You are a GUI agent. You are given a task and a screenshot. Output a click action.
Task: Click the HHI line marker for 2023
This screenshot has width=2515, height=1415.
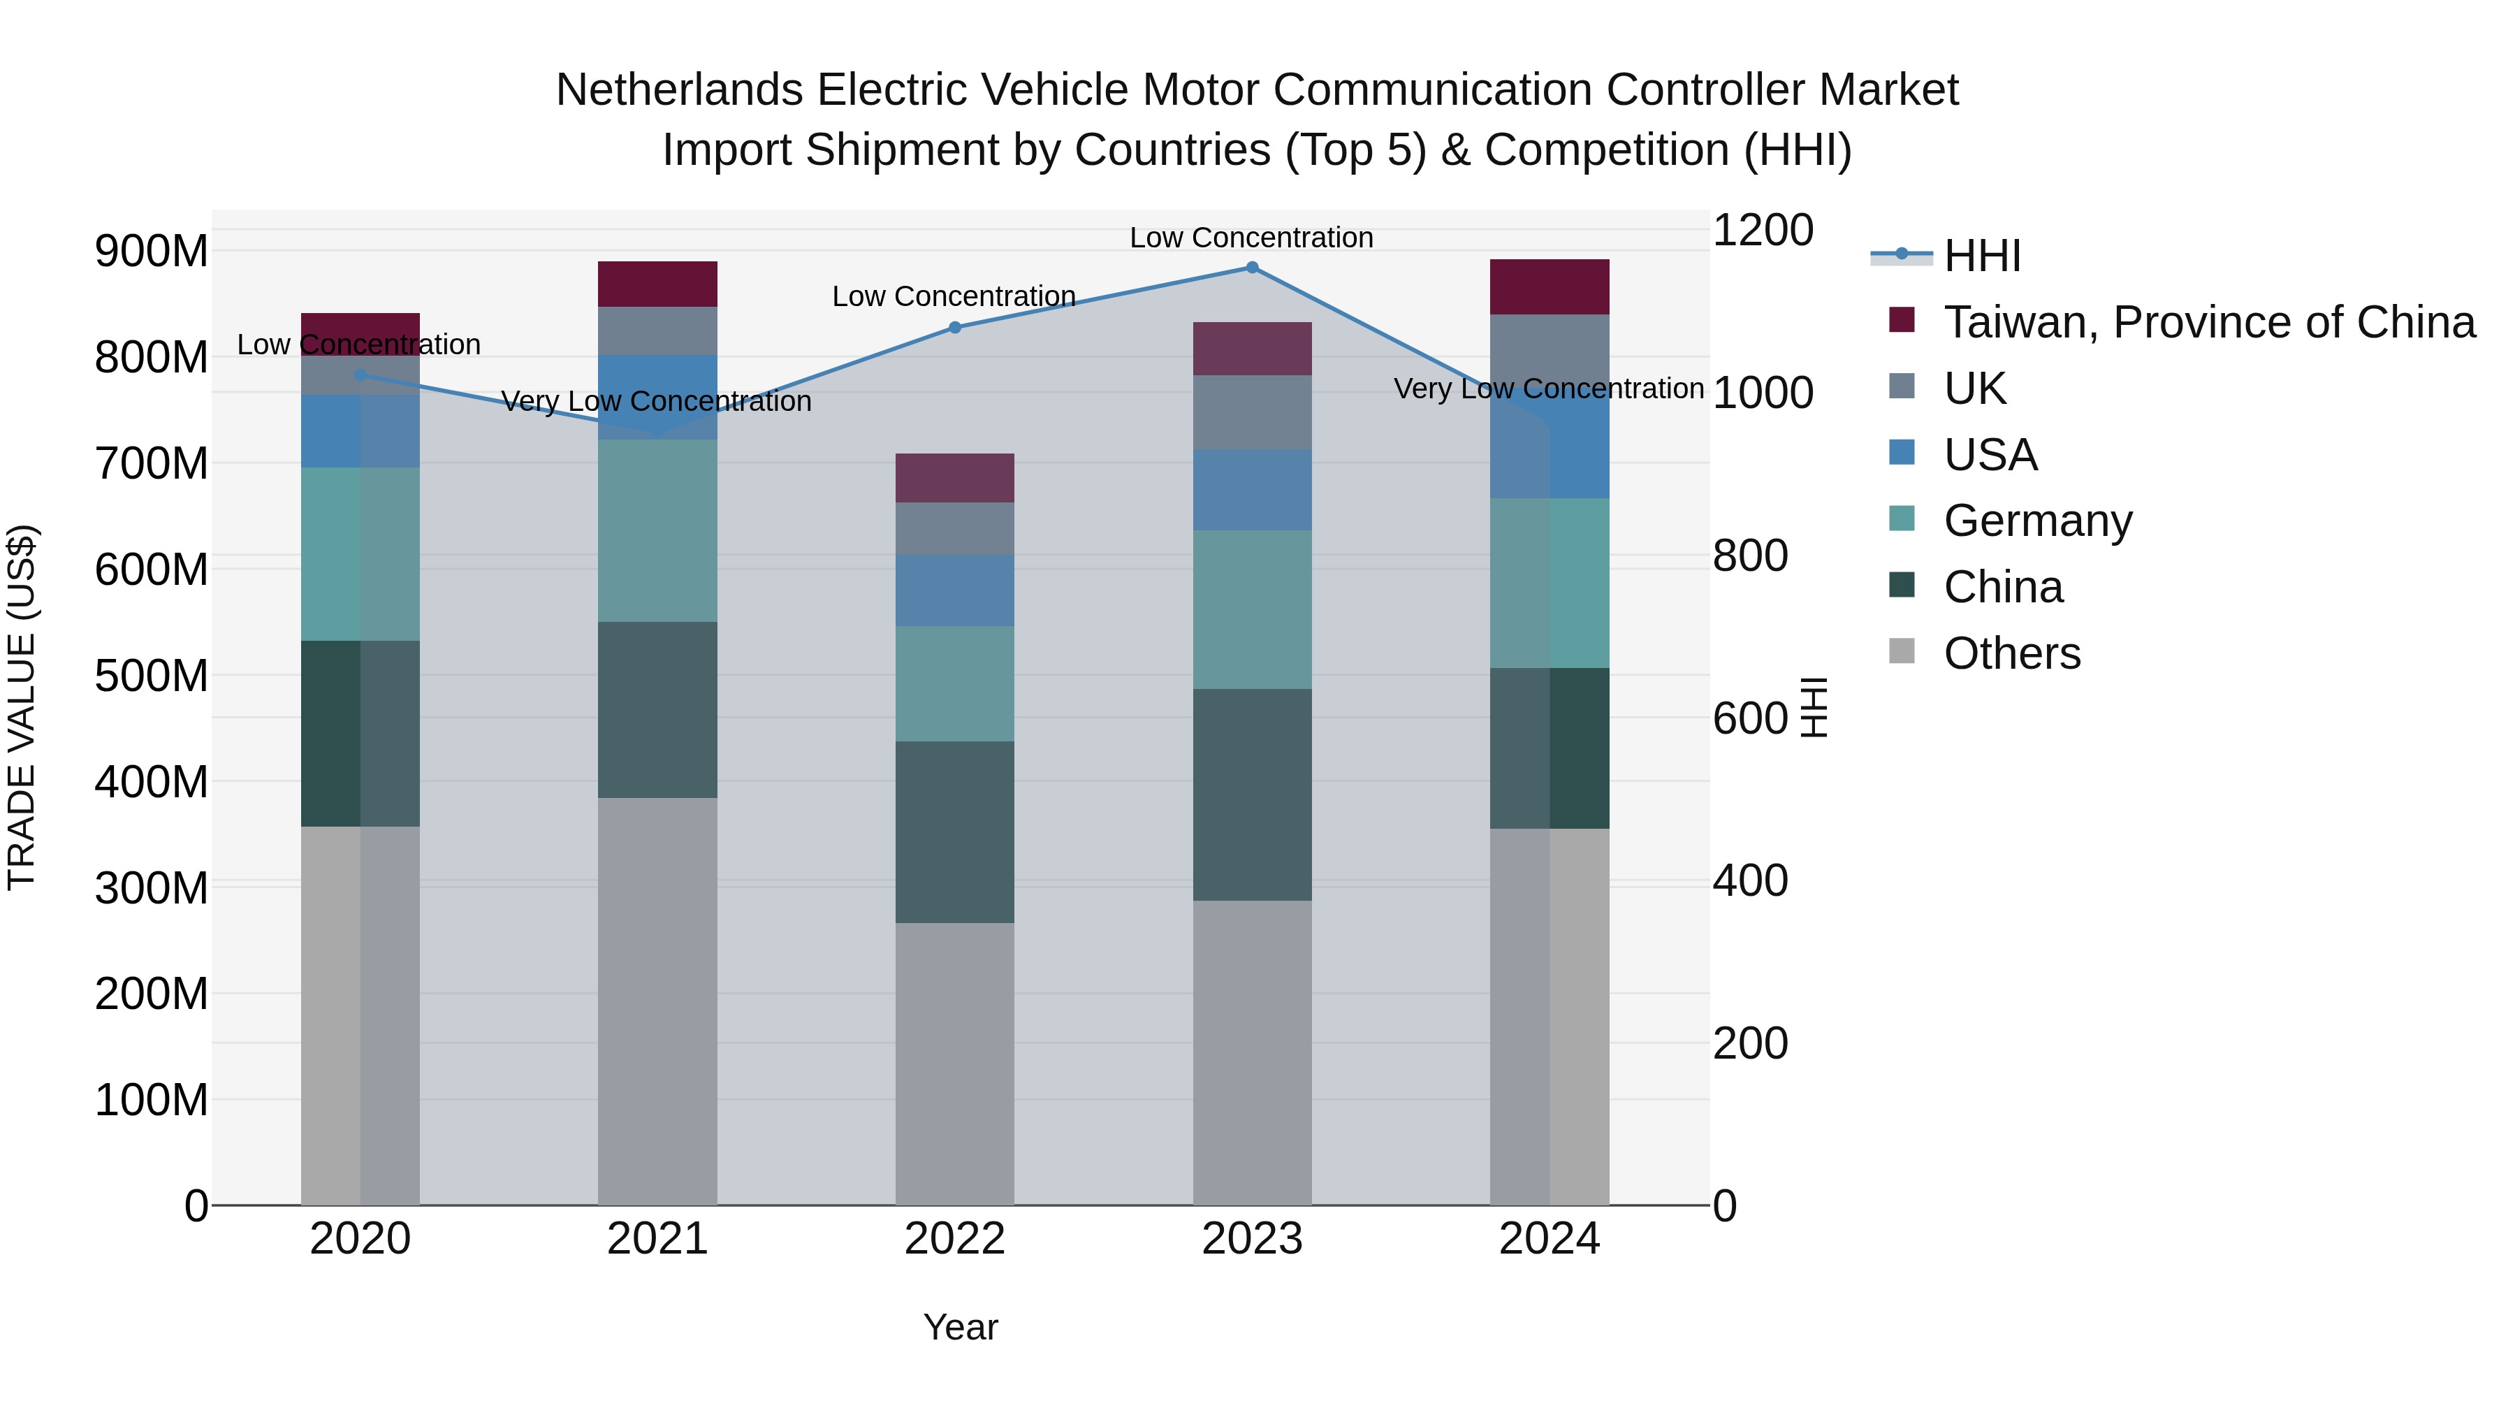[x=1252, y=268]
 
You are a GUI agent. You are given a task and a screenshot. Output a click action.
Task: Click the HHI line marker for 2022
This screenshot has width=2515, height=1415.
[x=955, y=328]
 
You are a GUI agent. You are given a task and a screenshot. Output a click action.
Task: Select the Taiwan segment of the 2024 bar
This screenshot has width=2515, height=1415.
[x=1550, y=287]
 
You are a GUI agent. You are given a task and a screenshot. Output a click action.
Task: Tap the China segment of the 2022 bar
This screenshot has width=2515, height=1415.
[x=955, y=832]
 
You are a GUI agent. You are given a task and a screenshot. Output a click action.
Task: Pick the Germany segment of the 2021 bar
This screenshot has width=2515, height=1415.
[x=657, y=530]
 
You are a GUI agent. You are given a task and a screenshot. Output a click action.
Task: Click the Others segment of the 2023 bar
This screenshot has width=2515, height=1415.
[x=1252, y=1053]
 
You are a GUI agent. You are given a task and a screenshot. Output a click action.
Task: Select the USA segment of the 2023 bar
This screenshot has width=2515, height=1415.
[x=1252, y=491]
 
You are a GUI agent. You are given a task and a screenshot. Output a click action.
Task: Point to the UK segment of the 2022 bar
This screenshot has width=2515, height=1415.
[x=955, y=528]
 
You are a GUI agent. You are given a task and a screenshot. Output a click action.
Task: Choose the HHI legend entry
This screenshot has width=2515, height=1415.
[x=1981, y=256]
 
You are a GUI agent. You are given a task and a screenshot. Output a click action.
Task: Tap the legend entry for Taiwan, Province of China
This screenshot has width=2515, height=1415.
[x=2208, y=322]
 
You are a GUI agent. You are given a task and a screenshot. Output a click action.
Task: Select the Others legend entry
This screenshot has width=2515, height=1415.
[x=2011, y=653]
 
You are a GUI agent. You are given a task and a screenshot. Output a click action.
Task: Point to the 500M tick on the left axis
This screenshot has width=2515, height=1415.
[x=152, y=676]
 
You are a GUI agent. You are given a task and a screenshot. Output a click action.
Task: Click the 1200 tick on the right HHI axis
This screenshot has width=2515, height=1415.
[x=1763, y=231]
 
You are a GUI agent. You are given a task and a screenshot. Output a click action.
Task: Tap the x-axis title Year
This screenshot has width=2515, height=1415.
[x=961, y=1327]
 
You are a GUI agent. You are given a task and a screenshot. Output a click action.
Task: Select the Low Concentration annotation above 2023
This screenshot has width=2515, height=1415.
[x=1252, y=238]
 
